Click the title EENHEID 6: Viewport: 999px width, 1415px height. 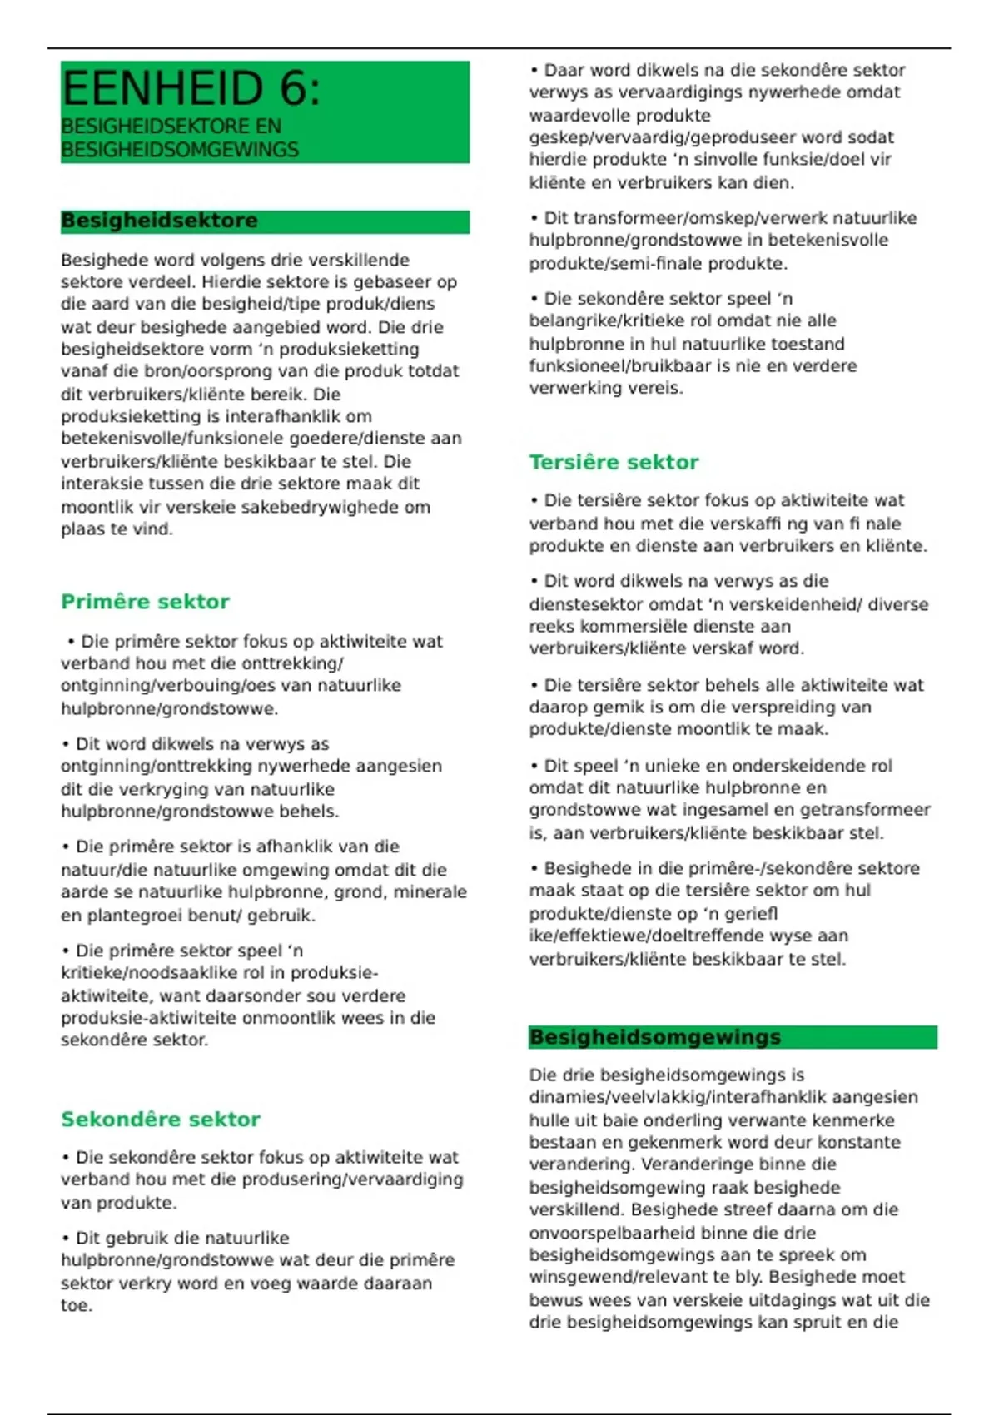click(x=191, y=88)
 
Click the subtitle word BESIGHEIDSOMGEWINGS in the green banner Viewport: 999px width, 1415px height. click(x=180, y=150)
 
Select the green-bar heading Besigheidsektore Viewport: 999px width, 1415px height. click(x=159, y=221)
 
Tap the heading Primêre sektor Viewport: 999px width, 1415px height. click(x=145, y=602)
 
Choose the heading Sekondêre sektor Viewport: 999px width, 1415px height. click(x=161, y=1120)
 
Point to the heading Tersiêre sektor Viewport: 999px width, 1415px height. click(x=614, y=463)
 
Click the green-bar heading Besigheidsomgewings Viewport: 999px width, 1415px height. click(x=655, y=1037)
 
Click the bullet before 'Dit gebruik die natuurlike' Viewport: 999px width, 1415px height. click(x=66, y=1239)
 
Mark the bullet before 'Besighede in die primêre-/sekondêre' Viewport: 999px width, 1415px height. click(x=534, y=869)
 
